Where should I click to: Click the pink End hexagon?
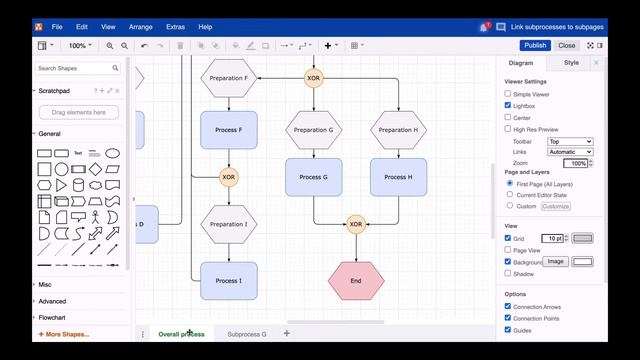point(356,281)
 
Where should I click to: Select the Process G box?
point(313,177)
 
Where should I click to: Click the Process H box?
point(398,177)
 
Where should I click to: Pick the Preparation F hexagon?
point(229,77)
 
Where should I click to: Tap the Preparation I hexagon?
point(229,224)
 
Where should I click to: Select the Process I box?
point(229,281)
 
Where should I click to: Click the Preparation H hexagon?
point(398,130)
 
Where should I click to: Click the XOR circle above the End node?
point(356,224)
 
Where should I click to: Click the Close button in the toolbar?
point(567,45)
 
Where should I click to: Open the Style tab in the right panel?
point(571,62)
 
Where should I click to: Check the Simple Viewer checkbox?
point(508,93)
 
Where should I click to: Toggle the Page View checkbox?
point(508,250)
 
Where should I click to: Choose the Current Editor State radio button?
point(509,194)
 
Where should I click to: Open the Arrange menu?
point(141,27)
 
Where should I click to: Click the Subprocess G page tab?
point(247,334)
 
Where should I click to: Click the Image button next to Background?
point(556,261)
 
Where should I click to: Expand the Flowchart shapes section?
point(52,317)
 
